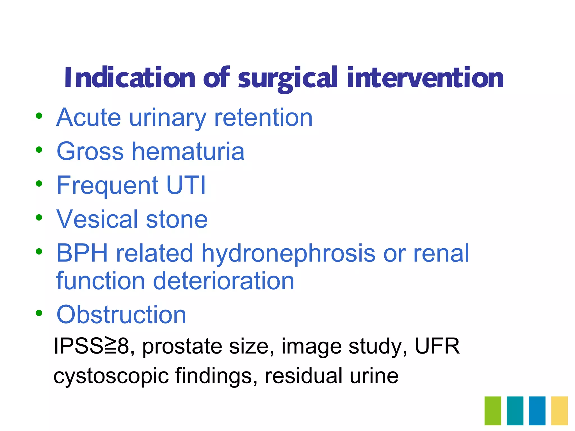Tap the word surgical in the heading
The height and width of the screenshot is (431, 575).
click(x=287, y=79)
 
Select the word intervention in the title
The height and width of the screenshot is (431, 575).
click(x=425, y=78)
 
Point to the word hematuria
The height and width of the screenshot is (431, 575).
click(x=188, y=152)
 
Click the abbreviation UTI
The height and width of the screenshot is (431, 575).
click(x=186, y=185)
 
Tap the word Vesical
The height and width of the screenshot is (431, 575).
click(x=97, y=219)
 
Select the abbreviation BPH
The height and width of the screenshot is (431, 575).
click(x=82, y=253)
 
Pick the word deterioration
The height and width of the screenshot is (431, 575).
click(x=223, y=281)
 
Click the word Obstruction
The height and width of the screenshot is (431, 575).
click(x=121, y=315)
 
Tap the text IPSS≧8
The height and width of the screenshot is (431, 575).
click(x=92, y=346)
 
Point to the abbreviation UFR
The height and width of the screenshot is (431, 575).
click(x=437, y=346)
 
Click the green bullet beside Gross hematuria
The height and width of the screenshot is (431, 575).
click(x=39, y=150)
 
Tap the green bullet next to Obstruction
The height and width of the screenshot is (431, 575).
click(x=39, y=313)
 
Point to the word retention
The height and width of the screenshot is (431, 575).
click(x=263, y=118)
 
